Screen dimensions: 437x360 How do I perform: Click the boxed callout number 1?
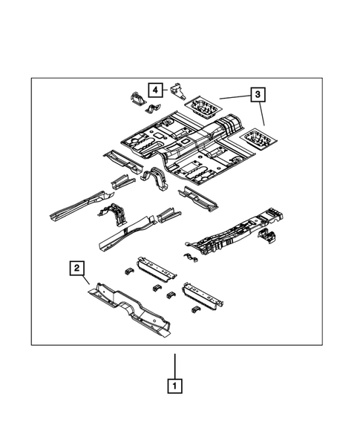point(174,386)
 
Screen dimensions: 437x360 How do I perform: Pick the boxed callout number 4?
point(155,91)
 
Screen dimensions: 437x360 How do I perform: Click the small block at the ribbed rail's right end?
point(267,237)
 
